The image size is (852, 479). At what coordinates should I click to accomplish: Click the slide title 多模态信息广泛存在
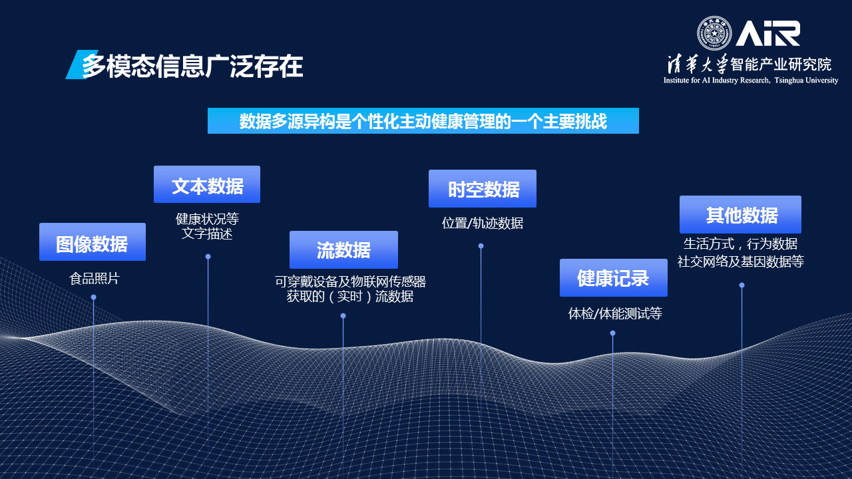pyautogui.click(x=192, y=66)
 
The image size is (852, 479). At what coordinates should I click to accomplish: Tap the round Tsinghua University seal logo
pyautogui.click(x=714, y=33)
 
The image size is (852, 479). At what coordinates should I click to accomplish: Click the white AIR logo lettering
pyautogui.click(x=767, y=33)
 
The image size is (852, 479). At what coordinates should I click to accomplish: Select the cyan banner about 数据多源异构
pyautogui.click(x=423, y=121)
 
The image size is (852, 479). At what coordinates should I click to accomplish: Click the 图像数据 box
pyautogui.click(x=93, y=241)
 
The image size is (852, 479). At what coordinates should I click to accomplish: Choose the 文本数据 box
pyautogui.click(x=207, y=184)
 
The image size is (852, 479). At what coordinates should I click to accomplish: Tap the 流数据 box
pyautogui.click(x=343, y=249)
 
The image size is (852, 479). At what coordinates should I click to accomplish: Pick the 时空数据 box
pyautogui.click(x=483, y=188)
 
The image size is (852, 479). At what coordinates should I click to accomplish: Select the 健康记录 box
pyautogui.click(x=614, y=278)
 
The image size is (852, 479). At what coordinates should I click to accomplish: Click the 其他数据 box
pyautogui.click(x=741, y=214)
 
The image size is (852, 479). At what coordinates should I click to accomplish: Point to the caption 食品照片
pyautogui.click(x=95, y=279)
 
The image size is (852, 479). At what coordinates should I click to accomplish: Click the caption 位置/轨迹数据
pyautogui.click(x=483, y=223)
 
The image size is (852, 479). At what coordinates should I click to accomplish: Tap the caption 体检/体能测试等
pyautogui.click(x=615, y=313)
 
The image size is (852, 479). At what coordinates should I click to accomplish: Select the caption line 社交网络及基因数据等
pyautogui.click(x=741, y=261)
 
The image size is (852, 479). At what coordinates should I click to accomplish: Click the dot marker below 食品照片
pyautogui.click(x=94, y=297)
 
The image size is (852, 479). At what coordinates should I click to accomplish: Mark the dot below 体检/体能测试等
pyautogui.click(x=613, y=333)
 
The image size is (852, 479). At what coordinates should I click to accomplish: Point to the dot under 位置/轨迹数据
pyautogui.click(x=481, y=246)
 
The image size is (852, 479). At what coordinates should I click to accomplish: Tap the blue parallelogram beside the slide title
pyautogui.click(x=81, y=65)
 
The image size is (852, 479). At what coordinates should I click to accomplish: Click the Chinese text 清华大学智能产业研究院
pyautogui.click(x=749, y=65)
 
